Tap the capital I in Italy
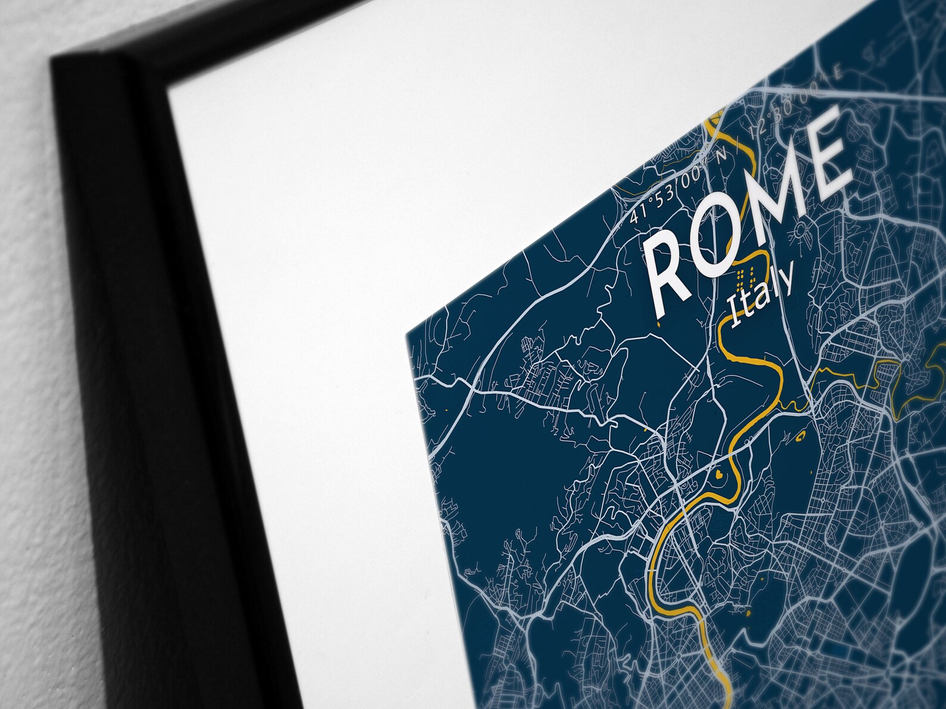[x=735, y=316]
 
